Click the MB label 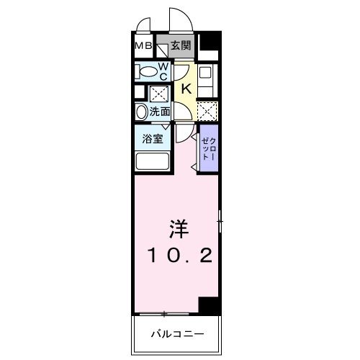tap(143, 47)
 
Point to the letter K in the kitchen tap(185, 89)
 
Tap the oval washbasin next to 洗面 tap(140, 112)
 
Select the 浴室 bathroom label tap(151, 138)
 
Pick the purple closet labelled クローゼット tap(207, 148)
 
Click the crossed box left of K tap(157, 94)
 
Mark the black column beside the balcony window tap(208, 305)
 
